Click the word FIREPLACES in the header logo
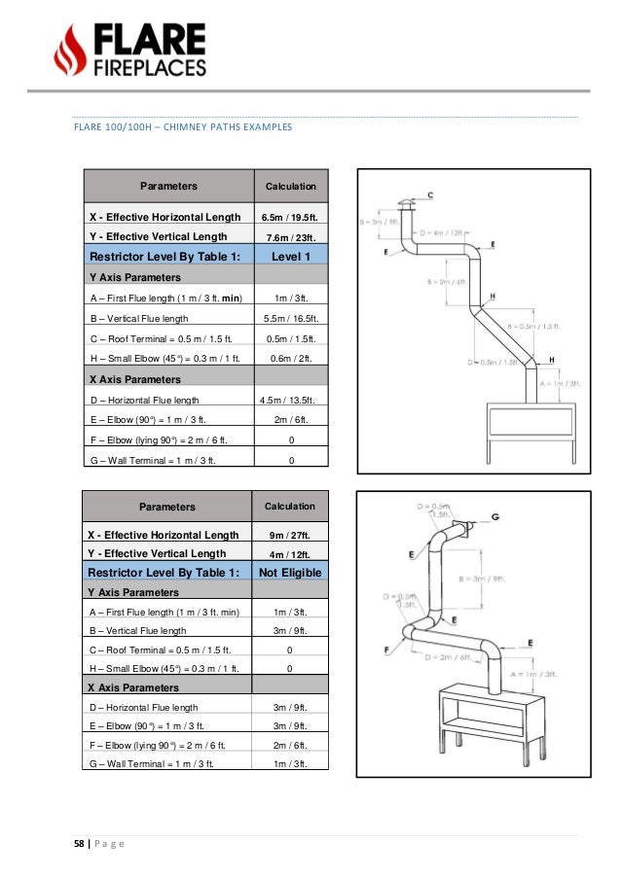tap(149, 67)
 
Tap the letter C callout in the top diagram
tap(430, 195)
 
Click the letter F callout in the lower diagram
tap(388, 650)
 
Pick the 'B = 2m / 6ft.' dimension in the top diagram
tap(446, 282)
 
